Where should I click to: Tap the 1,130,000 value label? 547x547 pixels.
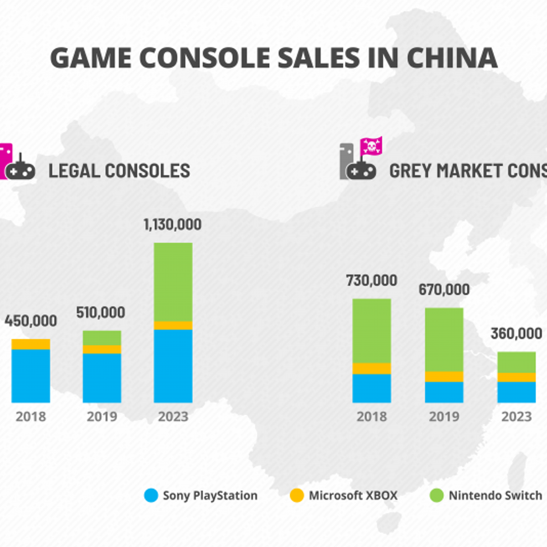click(x=172, y=225)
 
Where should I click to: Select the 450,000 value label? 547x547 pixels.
click(x=31, y=321)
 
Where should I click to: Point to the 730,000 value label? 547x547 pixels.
click(x=372, y=281)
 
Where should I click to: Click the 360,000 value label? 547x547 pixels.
click(x=516, y=334)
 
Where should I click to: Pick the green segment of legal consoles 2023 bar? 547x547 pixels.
click(x=173, y=282)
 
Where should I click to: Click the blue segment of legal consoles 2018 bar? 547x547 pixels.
click(x=31, y=376)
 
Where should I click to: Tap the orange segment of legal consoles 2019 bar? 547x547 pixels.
click(x=102, y=349)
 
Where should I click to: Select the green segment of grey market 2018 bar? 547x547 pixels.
click(x=372, y=330)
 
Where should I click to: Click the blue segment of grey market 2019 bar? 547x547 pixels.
click(x=444, y=392)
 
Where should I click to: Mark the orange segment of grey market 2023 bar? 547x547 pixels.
click(x=516, y=377)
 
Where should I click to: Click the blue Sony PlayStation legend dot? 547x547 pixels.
click(x=151, y=495)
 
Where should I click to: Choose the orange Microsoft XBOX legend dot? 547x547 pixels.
click(x=297, y=495)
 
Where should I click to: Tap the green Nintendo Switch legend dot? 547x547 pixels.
click(x=437, y=495)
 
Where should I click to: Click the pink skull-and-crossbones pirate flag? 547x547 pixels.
click(x=371, y=146)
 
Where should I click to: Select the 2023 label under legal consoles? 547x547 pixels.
click(x=173, y=417)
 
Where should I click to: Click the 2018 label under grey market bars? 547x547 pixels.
click(x=372, y=417)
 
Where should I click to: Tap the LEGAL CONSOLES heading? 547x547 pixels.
click(x=119, y=171)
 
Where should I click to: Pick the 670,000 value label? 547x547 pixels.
click(x=444, y=290)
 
